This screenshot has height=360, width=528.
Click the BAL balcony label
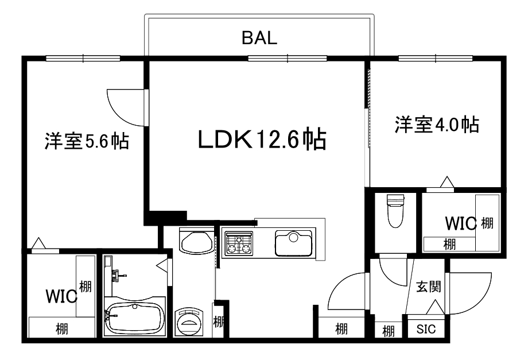(x=259, y=38)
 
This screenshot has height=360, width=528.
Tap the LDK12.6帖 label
(x=262, y=139)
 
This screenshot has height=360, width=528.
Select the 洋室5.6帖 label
(x=87, y=141)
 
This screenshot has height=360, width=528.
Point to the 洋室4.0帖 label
(x=436, y=125)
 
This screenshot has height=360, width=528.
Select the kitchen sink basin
(x=293, y=243)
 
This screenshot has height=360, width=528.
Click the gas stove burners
(x=238, y=243)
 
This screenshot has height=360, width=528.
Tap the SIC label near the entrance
(x=426, y=330)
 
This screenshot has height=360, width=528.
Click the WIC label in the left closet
(x=61, y=296)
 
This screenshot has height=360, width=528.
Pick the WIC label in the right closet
(x=461, y=223)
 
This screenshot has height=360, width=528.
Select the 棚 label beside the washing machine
(x=219, y=322)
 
